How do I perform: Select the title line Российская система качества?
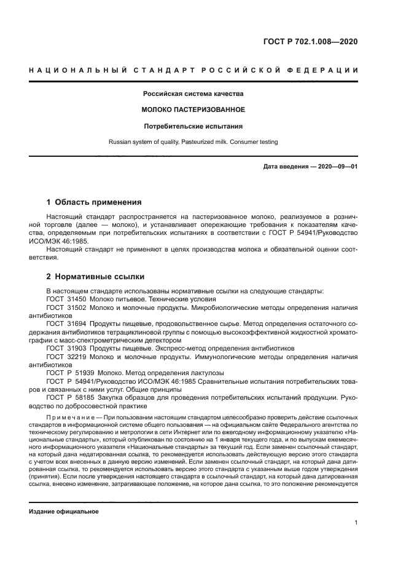[x=193, y=94]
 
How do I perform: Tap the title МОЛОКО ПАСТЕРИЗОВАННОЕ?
[x=193, y=109]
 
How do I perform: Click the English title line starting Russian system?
[x=193, y=142]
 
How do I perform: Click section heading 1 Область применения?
[x=95, y=202]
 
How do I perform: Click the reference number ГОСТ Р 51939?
[x=68, y=373]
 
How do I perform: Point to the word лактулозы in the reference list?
[x=205, y=373]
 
